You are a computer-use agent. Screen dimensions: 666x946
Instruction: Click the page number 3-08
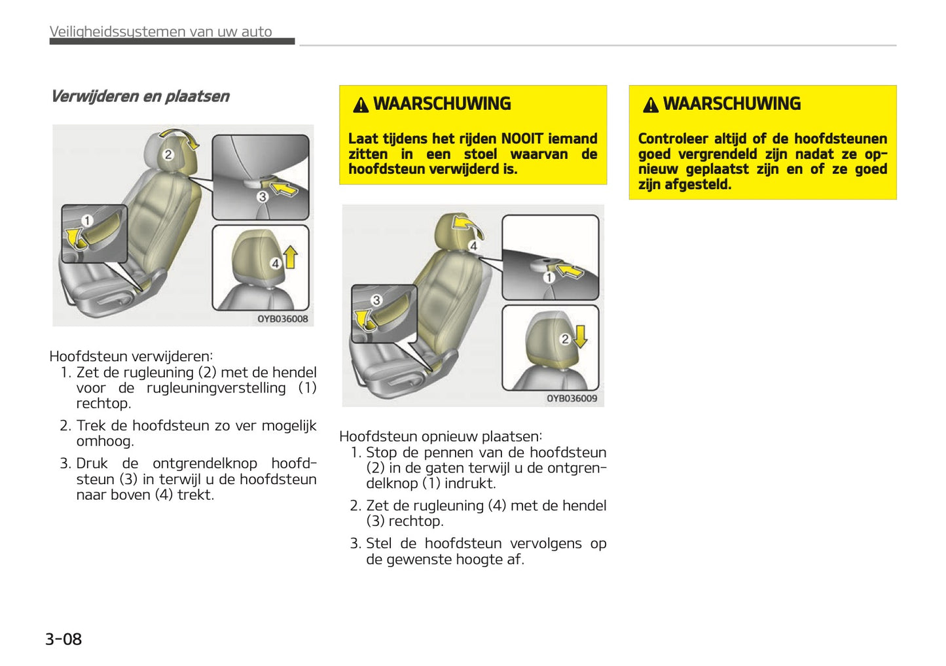pyautogui.click(x=64, y=639)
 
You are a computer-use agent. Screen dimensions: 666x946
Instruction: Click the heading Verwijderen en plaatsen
pyautogui.click(x=140, y=97)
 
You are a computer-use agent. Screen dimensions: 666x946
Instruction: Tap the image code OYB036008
pyautogui.click(x=282, y=319)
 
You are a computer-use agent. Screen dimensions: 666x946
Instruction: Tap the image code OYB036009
pyautogui.click(x=572, y=398)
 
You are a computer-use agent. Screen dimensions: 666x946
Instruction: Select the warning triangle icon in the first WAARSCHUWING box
pyautogui.click(x=361, y=105)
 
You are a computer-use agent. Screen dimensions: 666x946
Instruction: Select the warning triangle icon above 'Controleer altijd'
pyautogui.click(x=650, y=105)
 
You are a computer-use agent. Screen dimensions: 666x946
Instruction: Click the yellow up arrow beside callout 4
pyautogui.click(x=291, y=257)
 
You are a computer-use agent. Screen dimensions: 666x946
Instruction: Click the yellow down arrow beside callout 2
pyautogui.click(x=580, y=336)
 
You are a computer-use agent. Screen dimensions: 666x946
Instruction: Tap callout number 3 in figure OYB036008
pyautogui.click(x=263, y=196)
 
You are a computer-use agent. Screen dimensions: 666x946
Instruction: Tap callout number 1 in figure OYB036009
pyautogui.click(x=549, y=277)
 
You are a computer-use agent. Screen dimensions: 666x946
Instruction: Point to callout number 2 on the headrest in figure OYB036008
pyautogui.click(x=168, y=154)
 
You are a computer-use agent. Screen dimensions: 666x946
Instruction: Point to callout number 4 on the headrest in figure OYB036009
pyautogui.click(x=473, y=246)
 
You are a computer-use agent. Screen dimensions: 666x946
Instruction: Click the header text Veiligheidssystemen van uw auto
pyautogui.click(x=161, y=31)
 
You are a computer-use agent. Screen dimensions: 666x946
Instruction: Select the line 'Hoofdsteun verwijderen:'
pyautogui.click(x=131, y=357)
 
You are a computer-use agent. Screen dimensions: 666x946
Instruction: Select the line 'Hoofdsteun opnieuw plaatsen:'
pyautogui.click(x=441, y=436)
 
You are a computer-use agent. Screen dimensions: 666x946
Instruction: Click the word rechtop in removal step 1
pyautogui.click(x=103, y=404)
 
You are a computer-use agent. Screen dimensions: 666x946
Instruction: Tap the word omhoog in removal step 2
pyautogui.click(x=104, y=441)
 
